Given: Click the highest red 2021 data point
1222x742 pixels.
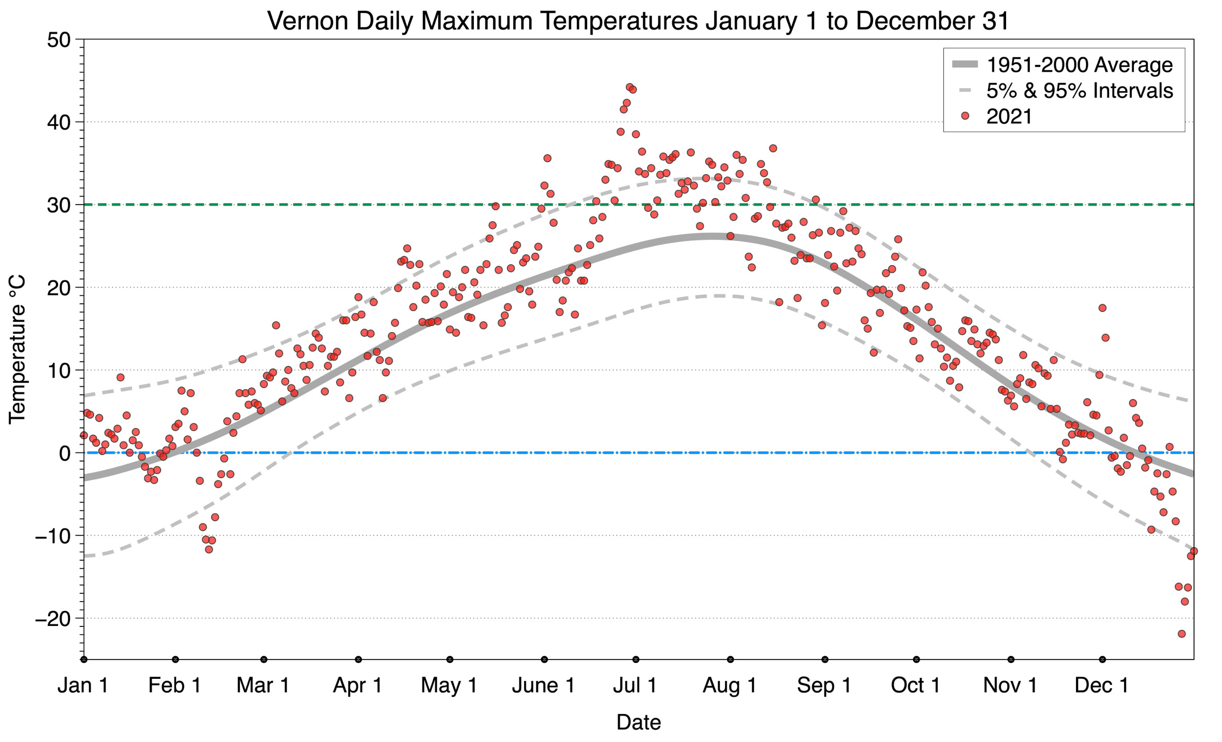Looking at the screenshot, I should (630, 87).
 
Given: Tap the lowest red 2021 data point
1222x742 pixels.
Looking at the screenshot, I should (1182, 634).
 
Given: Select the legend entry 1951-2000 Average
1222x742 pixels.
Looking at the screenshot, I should (1079, 65).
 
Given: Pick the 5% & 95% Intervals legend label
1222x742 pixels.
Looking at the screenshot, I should (1079, 91).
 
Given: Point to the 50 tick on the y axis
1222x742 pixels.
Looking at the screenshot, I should (58, 40).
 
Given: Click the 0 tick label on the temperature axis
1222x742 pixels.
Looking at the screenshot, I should (64, 453).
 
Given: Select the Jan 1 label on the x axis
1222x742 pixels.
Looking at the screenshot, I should (83, 686).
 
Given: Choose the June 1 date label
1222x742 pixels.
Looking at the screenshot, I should (543, 686).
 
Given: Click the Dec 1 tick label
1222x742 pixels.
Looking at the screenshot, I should (1101, 686).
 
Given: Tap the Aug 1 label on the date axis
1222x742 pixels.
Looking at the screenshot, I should (729, 686).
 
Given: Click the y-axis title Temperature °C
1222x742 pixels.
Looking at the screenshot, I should (17, 349).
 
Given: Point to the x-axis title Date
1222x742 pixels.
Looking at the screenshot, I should (638, 722).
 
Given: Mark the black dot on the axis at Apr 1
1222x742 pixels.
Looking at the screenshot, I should (358, 660).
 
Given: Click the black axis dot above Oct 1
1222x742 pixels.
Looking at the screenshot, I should (916, 660).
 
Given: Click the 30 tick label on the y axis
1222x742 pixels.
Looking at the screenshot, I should (58, 205).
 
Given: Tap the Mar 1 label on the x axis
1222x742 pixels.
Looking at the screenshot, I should (263, 686).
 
